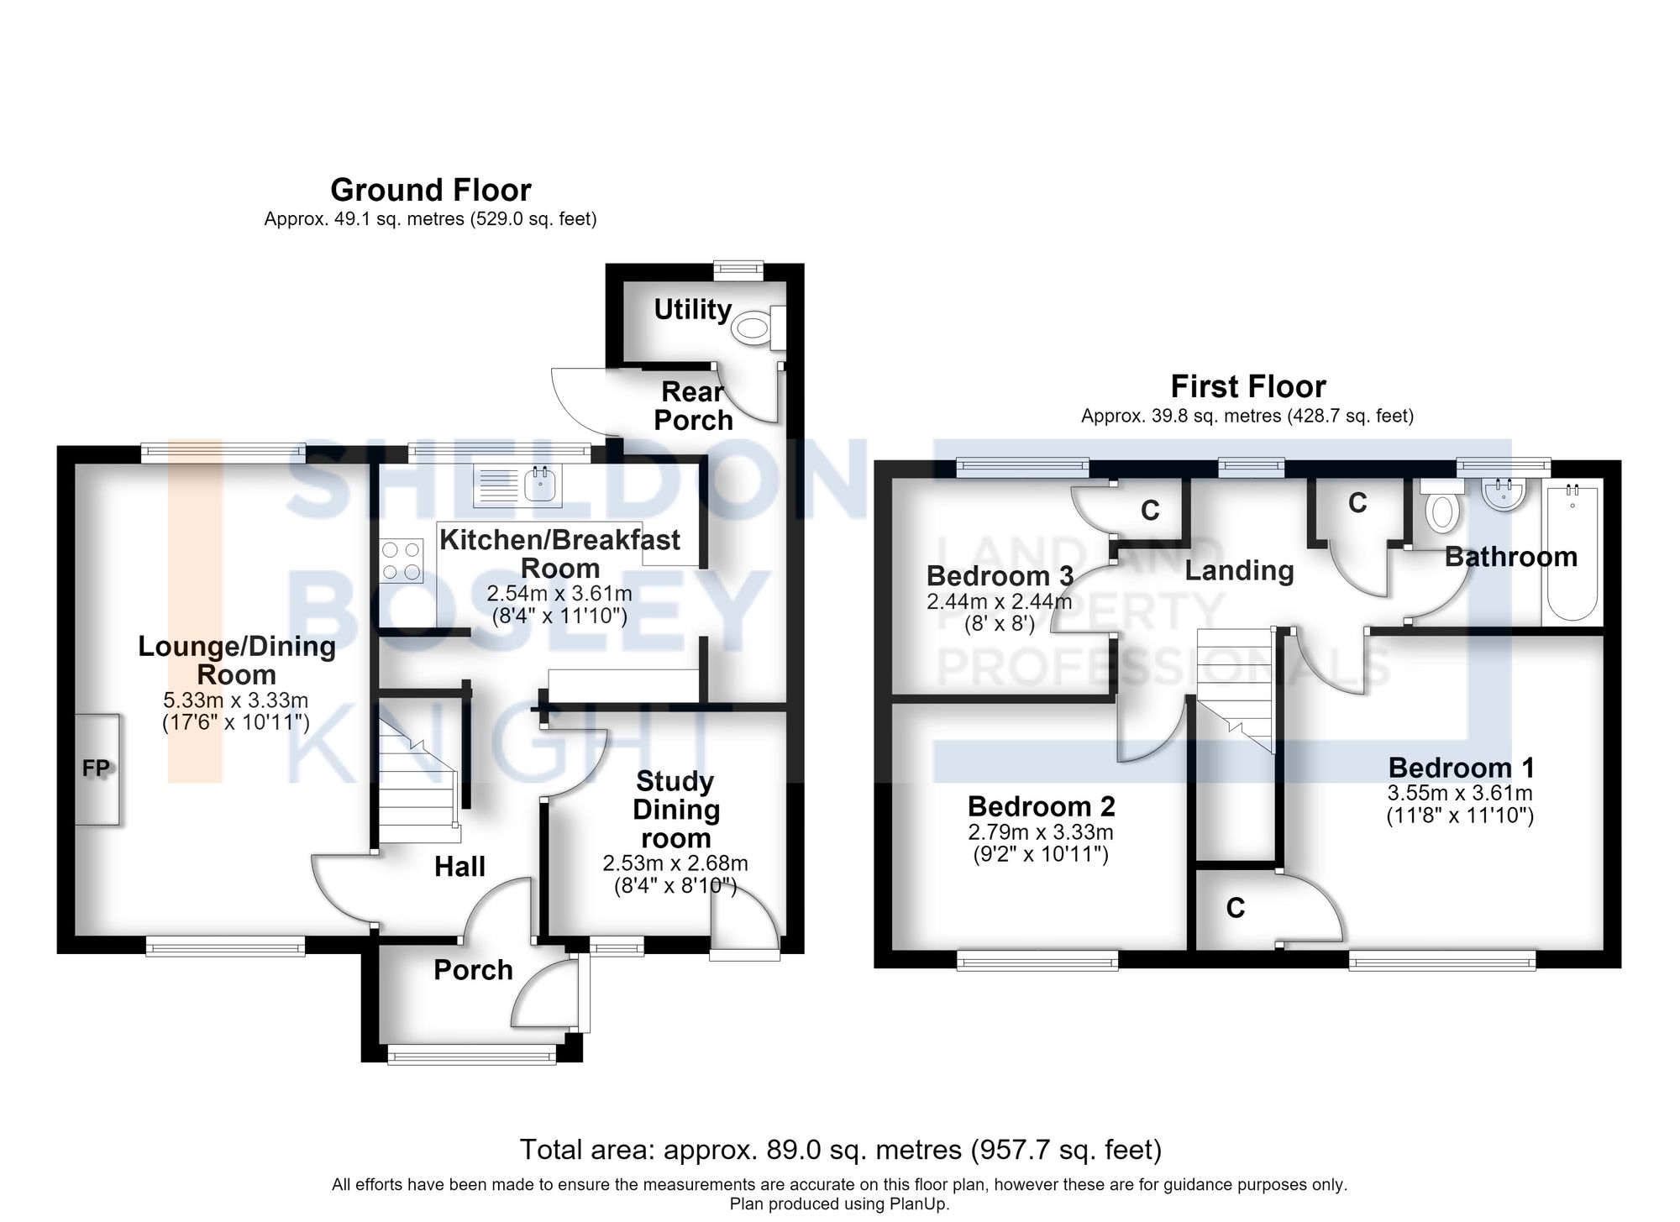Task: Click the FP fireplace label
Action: coord(97,768)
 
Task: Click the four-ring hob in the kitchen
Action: coord(401,561)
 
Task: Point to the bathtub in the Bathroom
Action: coord(1572,552)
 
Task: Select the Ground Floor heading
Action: coord(431,191)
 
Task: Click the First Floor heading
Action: coord(1248,387)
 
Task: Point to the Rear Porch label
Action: coord(693,406)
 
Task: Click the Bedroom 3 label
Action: coord(1000,576)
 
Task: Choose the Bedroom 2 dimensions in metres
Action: coord(1041,832)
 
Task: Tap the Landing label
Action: coord(1239,571)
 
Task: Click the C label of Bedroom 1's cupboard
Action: coord(1235,908)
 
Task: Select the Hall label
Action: coord(459,867)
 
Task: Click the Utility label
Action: coord(693,310)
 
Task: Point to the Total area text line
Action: coord(841,1149)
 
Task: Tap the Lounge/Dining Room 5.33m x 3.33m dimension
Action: coord(236,700)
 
